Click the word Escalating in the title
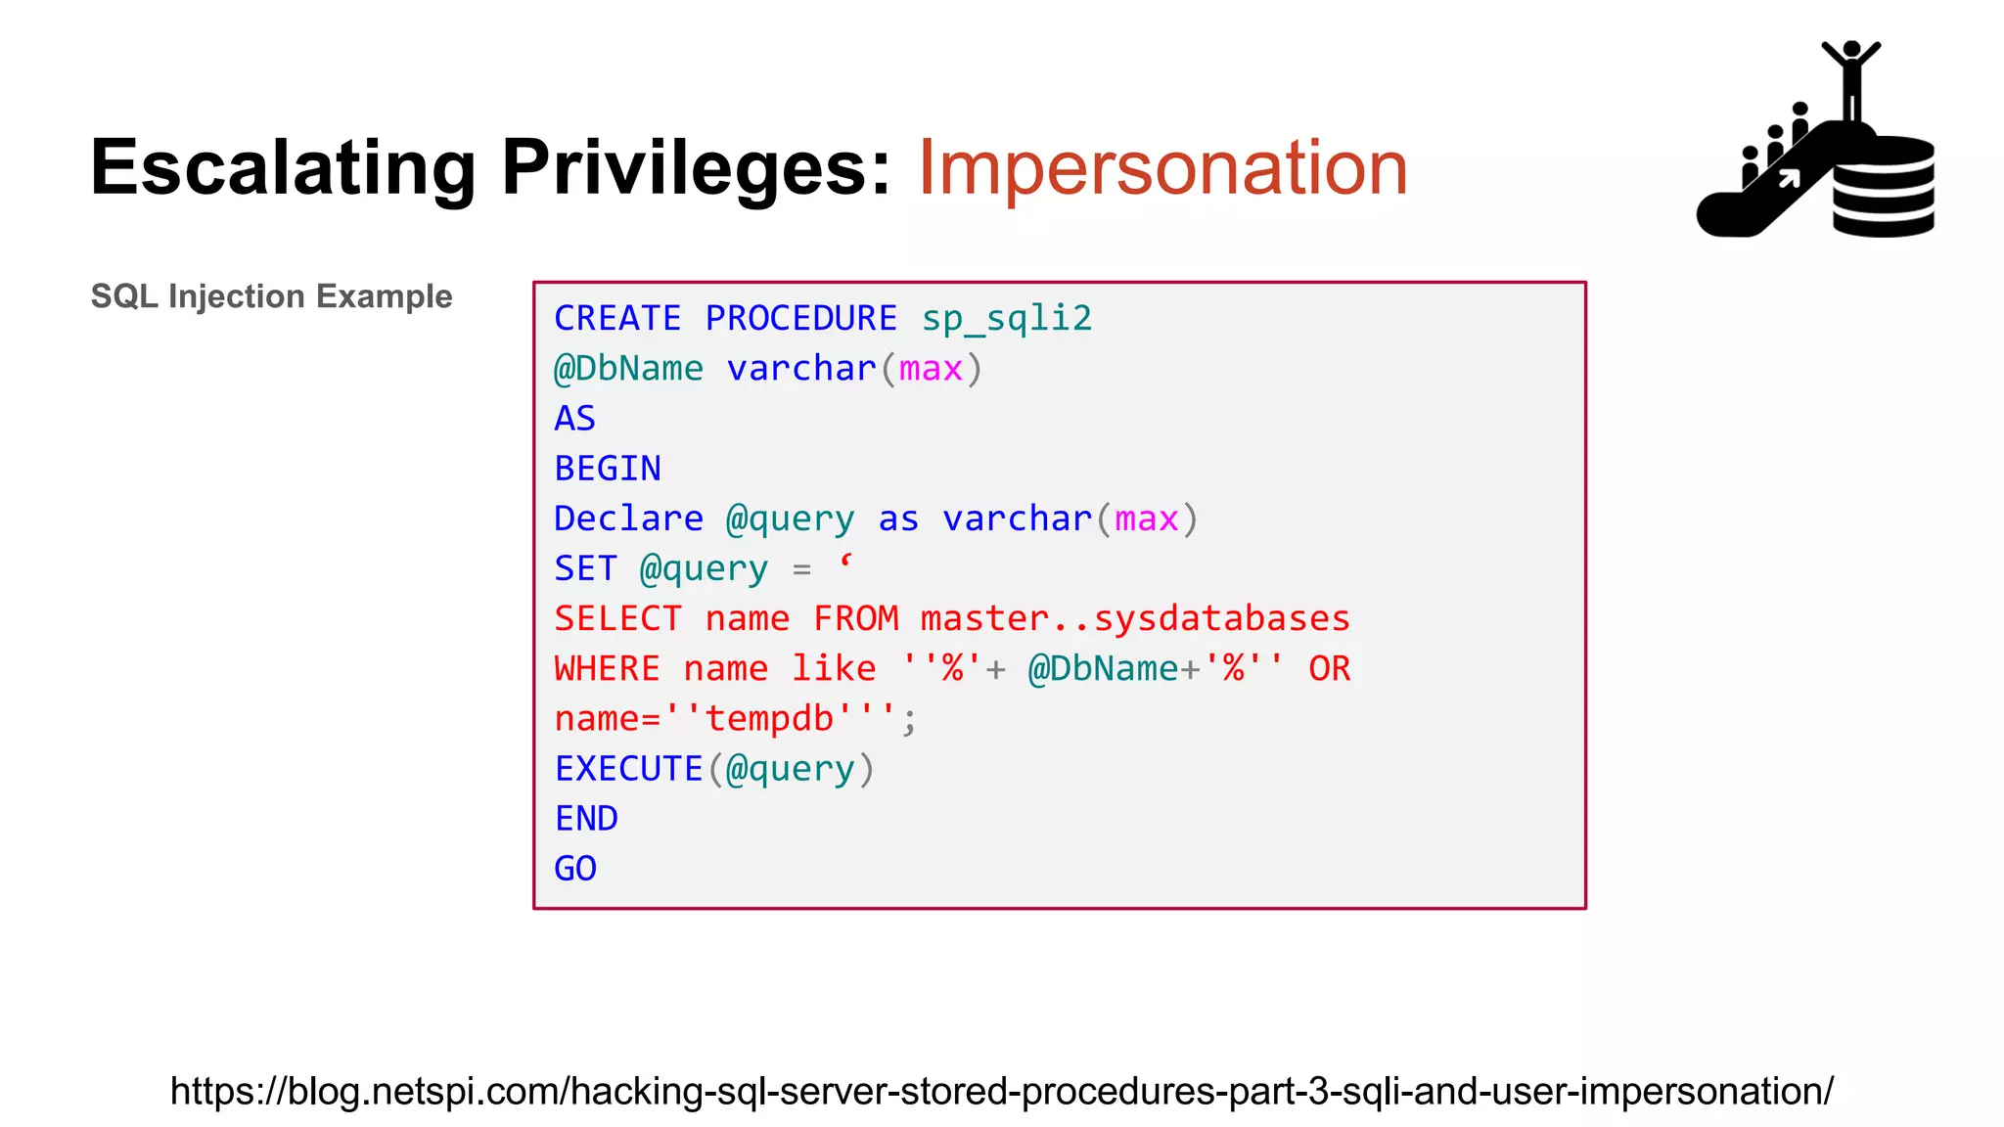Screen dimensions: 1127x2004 (x=283, y=168)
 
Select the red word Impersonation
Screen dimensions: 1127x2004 (x=1162, y=168)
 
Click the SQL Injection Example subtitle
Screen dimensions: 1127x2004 (x=271, y=296)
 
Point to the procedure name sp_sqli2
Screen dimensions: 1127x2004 (x=1006, y=319)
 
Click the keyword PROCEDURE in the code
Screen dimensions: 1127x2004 (x=800, y=319)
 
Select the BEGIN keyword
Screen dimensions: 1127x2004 (x=608, y=469)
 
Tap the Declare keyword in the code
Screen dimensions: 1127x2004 (x=628, y=518)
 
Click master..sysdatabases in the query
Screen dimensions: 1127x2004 (x=1135, y=619)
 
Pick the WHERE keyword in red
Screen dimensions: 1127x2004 (x=607, y=669)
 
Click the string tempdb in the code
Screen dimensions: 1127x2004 (x=769, y=719)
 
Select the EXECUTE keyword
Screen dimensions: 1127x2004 (x=628, y=769)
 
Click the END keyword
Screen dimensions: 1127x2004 (x=586, y=819)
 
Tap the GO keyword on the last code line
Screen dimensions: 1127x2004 (x=575, y=869)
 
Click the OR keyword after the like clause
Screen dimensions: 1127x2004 (x=1329, y=669)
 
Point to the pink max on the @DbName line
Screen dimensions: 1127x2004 (x=931, y=369)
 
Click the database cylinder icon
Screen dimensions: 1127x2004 (x=1884, y=188)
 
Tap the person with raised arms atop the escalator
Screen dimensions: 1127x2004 (x=1850, y=78)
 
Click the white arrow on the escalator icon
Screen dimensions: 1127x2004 (x=1789, y=178)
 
